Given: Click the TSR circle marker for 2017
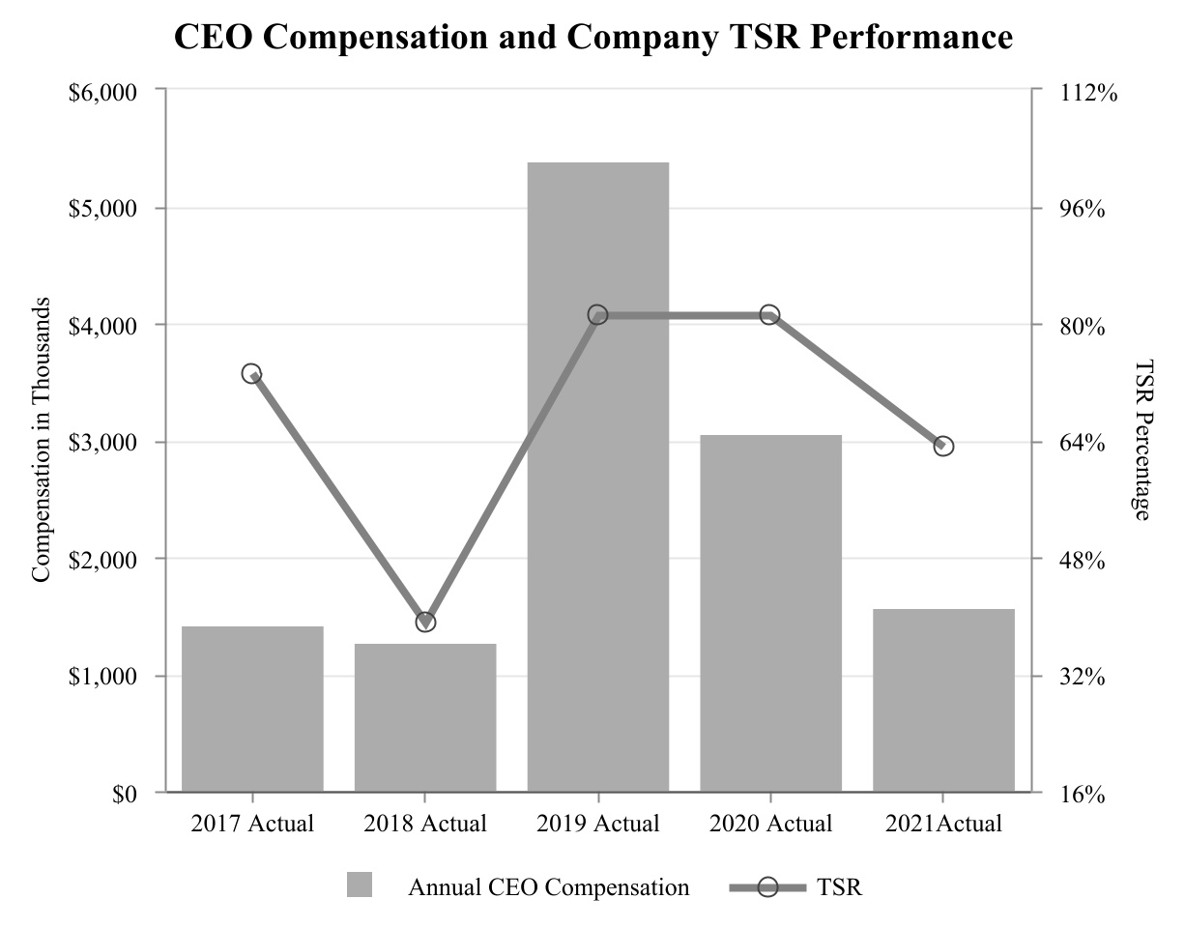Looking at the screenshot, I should click(252, 374).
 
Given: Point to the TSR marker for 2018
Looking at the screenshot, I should click(425, 622).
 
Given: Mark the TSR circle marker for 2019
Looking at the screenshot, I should click(597, 315).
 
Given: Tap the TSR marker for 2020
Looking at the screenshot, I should click(770, 315).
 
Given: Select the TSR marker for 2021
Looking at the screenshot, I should click(943, 446).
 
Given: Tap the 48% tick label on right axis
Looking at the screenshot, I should click(1077, 560).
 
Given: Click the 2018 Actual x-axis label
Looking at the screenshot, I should click(425, 825).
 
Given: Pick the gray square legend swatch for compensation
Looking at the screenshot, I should click(360, 884).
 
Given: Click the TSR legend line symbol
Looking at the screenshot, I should click(767, 886).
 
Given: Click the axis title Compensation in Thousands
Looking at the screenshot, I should click(41, 441).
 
